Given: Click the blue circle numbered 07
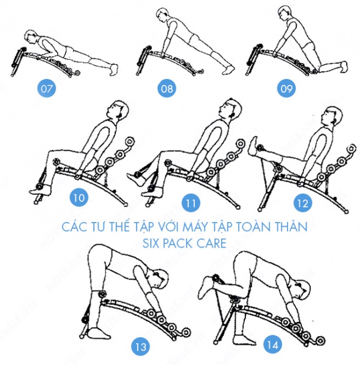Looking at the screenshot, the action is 47,88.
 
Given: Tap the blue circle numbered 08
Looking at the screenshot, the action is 167,88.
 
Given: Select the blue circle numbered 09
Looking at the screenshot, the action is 286,88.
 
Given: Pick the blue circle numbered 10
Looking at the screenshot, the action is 79,198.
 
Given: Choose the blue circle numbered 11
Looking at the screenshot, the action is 191,203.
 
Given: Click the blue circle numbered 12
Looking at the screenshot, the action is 303,203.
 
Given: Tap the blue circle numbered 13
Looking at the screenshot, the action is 141,347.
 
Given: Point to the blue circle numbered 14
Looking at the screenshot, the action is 272,345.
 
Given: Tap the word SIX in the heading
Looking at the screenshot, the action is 151,243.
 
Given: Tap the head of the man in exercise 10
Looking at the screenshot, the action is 119,110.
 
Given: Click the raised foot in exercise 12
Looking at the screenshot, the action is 254,146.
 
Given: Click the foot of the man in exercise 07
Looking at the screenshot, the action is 114,69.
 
